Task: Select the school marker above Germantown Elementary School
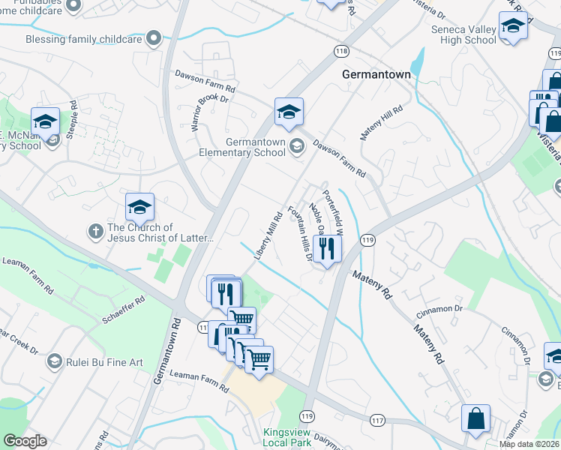coord(289,112)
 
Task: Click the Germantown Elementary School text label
coord(255,147)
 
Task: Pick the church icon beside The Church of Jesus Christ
coord(95,231)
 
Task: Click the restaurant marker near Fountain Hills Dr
coord(327,247)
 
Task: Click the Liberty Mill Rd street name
coord(267,237)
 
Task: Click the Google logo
coord(25,441)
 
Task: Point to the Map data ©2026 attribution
coord(528,444)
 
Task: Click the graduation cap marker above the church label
coord(139,208)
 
